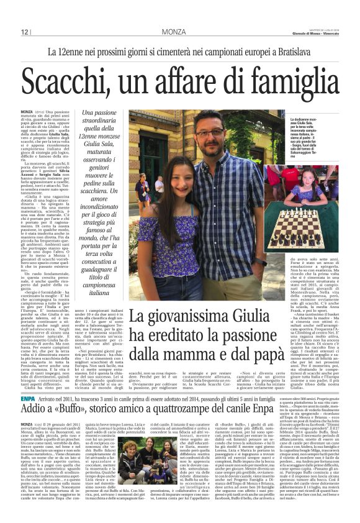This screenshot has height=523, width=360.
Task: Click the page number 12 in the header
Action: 25,32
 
